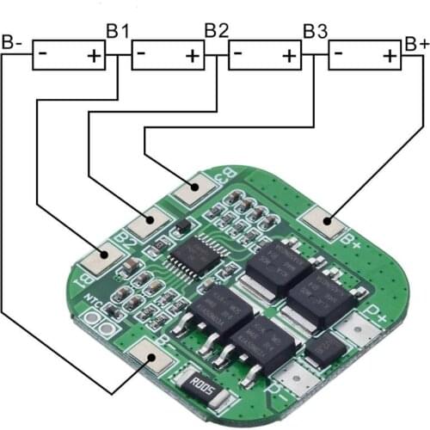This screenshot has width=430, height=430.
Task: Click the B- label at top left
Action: click(13, 40)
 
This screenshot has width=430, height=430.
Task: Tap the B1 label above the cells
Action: click(118, 30)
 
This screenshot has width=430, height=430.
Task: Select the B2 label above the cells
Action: click(216, 30)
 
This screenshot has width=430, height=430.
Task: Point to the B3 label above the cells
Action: click(316, 30)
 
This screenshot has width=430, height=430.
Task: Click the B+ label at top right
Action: click(416, 42)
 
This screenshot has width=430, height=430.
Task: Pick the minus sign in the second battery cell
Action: click(142, 53)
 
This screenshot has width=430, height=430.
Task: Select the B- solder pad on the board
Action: click(156, 354)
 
